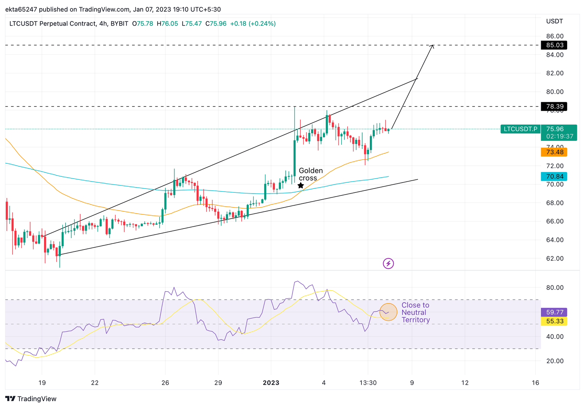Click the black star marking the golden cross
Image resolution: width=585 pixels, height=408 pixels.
coord(300,186)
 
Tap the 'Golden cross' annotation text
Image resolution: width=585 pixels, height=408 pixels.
coord(310,174)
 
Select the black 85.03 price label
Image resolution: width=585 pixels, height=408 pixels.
coord(554,45)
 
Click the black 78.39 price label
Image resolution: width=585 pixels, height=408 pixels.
coord(554,106)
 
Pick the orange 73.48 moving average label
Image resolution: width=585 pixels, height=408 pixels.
coord(554,152)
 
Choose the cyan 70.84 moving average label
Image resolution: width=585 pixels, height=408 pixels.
coord(554,176)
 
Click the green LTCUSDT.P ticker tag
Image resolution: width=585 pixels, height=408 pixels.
coord(520,129)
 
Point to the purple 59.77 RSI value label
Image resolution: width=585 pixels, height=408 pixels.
coord(554,312)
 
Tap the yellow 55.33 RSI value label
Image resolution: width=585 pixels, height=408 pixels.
coord(554,321)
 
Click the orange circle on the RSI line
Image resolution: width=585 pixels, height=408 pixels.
coord(388,312)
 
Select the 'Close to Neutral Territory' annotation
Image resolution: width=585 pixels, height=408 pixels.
coord(415,312)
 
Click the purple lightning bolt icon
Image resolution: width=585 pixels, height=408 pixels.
coord(388,263)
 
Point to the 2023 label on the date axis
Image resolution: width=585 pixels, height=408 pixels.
coord(271,383)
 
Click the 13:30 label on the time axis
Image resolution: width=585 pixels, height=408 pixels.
coord(368,383)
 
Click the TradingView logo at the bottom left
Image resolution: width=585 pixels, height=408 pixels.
coord(31,399)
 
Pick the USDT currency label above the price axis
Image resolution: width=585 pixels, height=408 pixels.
coord(554,21)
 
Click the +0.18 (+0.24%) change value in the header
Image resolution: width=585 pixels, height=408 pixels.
coord(253,24)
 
